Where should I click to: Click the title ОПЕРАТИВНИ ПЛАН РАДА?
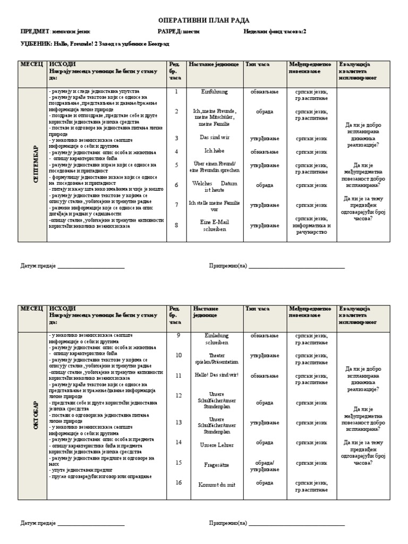click(x=204, y=20)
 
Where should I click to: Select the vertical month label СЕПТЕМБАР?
click(x=35, y=164)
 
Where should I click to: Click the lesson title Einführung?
click(x=214, y=91)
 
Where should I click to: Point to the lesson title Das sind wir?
click(x=214, y=138)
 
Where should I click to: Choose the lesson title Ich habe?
click(x=214, y=151)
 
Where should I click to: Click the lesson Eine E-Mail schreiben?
click(x=214, y=225)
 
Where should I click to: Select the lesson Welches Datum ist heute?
click(x=214, y=186)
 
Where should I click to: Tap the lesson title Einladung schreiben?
click(x=214, y=339)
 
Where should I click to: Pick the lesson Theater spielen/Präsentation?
click(x=214, y=358)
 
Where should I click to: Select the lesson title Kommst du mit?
click(x=214, y=484)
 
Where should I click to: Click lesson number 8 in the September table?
click(x=176, y=225)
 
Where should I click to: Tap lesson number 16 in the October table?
click(x=178, y=483)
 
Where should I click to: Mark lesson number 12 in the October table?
click(x=178, y=396)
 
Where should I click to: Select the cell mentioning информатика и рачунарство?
click(x=312, y=226)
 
